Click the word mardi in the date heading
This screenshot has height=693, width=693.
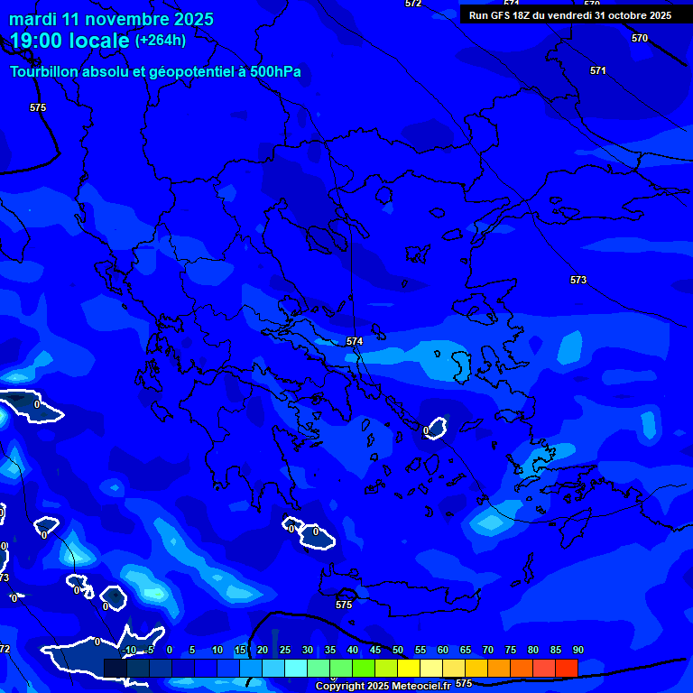pyautogui.click(x=32, y=19)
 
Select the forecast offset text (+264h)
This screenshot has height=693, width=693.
pyautogui.click(x=161, y=40)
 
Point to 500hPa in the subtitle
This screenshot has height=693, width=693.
pyautogui.click(x=275, y=71)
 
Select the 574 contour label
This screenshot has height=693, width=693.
pyautogui.click(x=355, y=341)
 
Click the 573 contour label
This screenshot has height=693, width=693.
pyautogui.click(x=578, y=280)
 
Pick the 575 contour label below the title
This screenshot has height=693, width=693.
pyautogui.click(x=38, y=107)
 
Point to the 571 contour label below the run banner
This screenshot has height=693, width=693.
pyautogui.click(x=598, y=70)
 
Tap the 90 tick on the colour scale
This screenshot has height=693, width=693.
pyautogui.click(x=577, y=650)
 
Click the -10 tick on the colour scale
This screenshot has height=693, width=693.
pyautogui.click(x=129, y=650)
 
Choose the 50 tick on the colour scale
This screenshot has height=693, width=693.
pyautogui.click(x=397, y=650)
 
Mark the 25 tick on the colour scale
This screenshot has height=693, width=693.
pyautogui.click(x=284, y=650)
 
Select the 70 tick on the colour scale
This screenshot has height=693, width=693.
pyautogui.click(x=487, y=650)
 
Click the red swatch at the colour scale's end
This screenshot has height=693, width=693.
pyautogui.click(x=566, y=668)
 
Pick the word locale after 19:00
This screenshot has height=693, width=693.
pyautogui.click(x=100, y=41)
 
